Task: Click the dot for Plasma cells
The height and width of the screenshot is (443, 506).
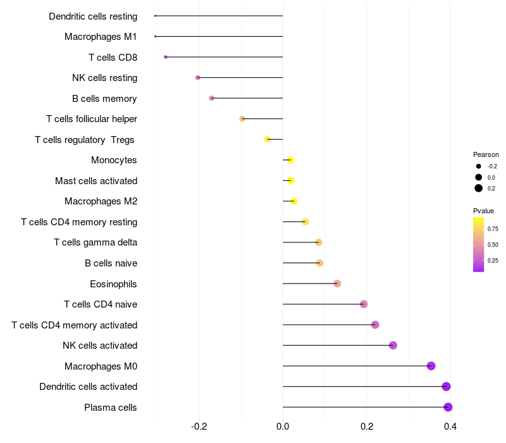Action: coord(448,407)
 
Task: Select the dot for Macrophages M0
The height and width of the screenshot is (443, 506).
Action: coord(431,366)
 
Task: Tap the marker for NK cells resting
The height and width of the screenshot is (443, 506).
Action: coord(198,77)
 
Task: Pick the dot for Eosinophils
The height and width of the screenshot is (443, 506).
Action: coord(337,284)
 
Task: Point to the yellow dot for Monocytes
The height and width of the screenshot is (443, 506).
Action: coord(290,160)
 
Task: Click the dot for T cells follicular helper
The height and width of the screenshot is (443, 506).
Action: coord(242,119)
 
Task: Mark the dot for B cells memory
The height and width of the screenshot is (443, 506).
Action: coord(211,98)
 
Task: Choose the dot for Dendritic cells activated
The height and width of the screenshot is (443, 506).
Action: coord(446,387)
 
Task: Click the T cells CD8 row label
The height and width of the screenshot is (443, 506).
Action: coord(113,58)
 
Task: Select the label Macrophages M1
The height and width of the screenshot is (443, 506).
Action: coord(101,37)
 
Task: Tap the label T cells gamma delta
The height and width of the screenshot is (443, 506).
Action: coord(96,242)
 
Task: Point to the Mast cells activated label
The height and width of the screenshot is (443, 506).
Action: coord(96,181)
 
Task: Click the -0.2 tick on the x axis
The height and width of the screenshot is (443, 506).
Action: coord(199,427)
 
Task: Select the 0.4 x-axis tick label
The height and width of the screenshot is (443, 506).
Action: coord(450,427)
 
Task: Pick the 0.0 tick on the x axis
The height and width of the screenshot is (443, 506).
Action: coord(283,427)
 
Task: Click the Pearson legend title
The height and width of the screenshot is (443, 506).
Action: coord(486,154)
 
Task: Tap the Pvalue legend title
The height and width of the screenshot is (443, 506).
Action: coord(483,211)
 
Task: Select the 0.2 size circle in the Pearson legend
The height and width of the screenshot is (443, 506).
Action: coord(479,188)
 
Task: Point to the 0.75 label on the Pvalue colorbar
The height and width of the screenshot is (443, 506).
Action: coord(493,229)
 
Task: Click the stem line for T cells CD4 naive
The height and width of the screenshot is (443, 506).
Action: coord(323,304)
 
